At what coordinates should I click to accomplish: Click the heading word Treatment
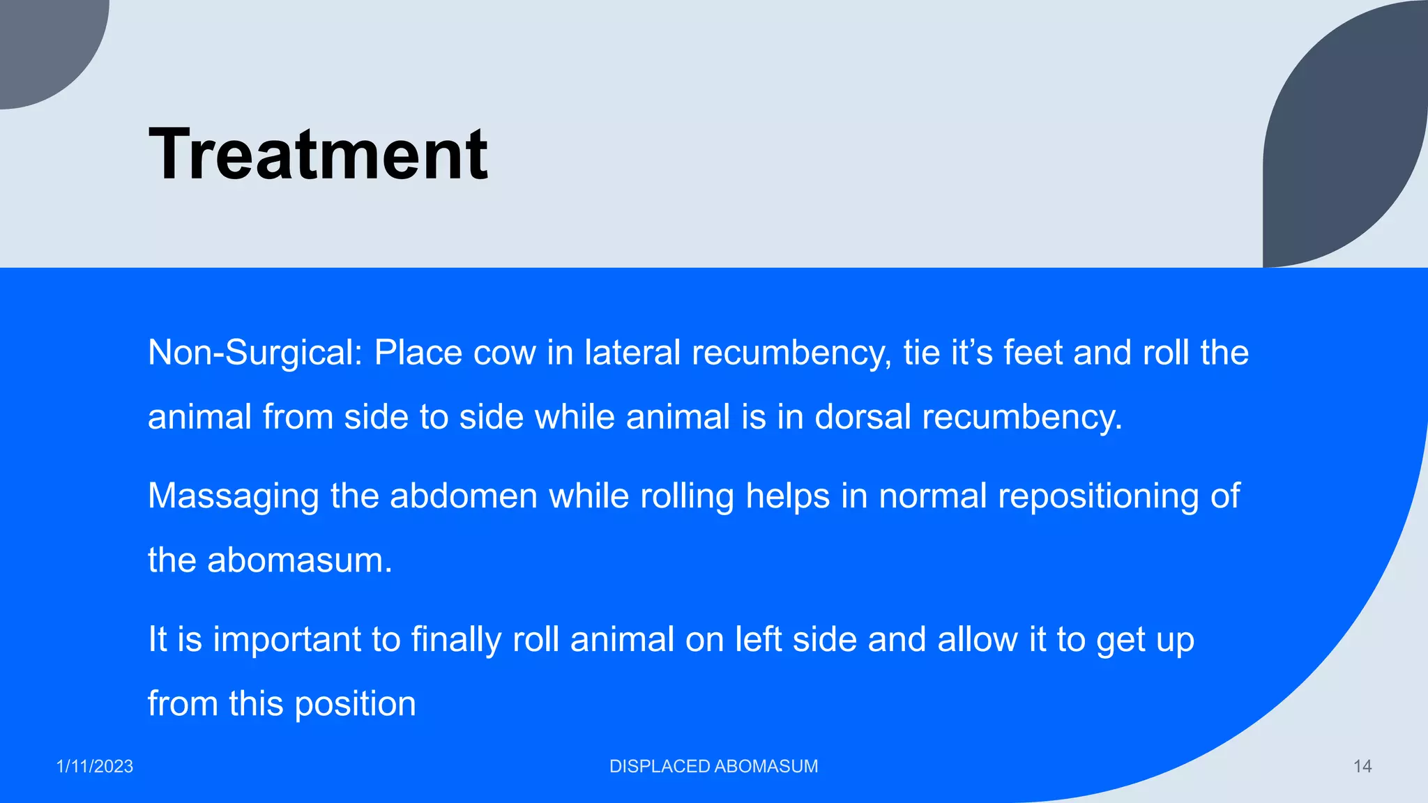pyautogui.click(x=318, y=154)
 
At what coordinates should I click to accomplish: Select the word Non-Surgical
pyautogui.click(x=255, y=353)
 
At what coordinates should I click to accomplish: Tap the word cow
pyautogui.click(x=504, y=353)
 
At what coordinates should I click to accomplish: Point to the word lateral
pyautogui.click(x=632, y=353)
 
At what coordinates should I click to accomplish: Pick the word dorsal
pyautogui.click(x=863, y=417)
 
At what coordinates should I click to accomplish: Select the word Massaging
pyautogui.click(x=234, y=496)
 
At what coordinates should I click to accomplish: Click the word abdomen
pyautogui.click(x=463, y=496)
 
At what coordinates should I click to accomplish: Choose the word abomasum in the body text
pyautogui.click(x=299, y=560)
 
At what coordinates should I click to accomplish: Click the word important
pyautogui.click(x=285, y=641)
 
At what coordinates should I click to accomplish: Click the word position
pyautogui.click(x=355, y=705)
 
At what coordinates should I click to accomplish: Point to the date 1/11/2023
pyautogui.click(x=95, y=767)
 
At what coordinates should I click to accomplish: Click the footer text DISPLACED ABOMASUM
pyautogui.click(x=713, y=767)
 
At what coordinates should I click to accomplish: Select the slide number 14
pyautogui.click(x=1362, y=767)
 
